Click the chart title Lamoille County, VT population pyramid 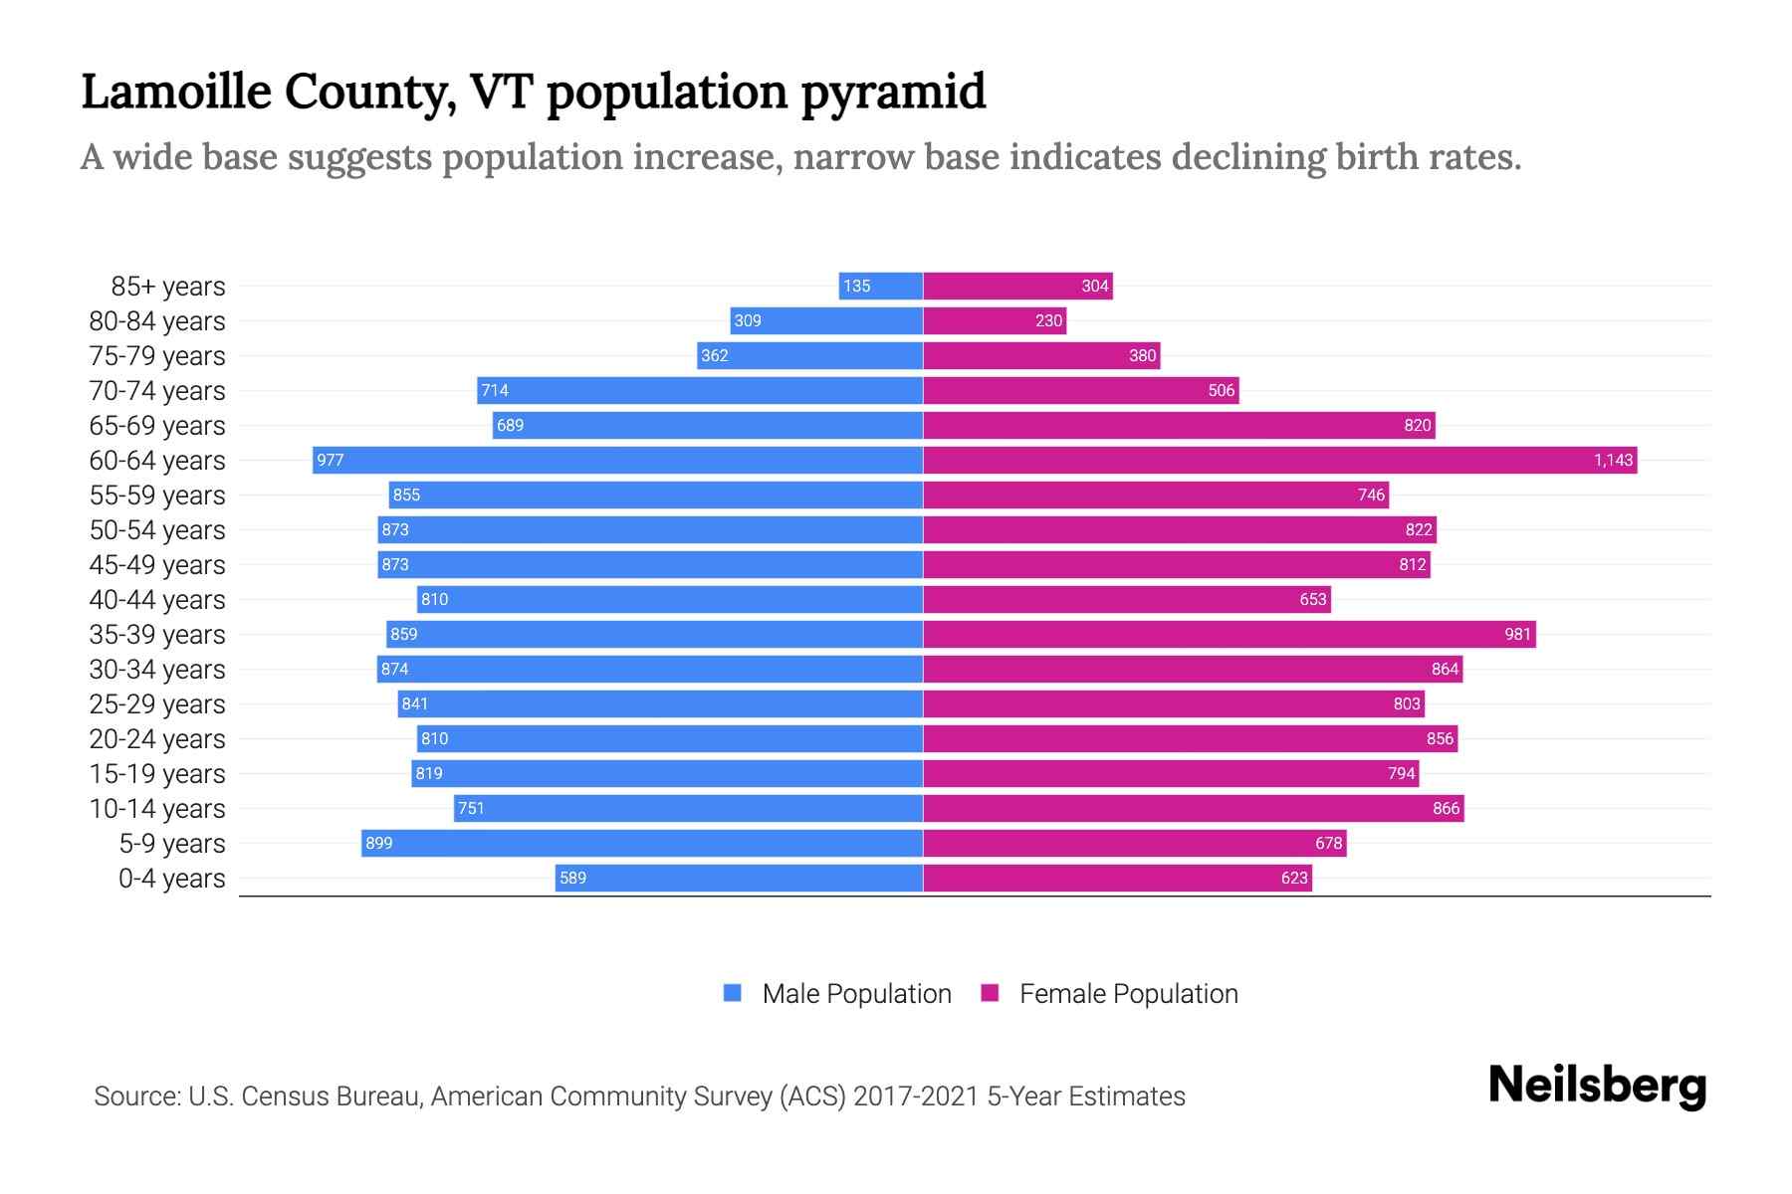coord(533,92)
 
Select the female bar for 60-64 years coord(1279,460)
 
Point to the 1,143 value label coord(1613,460)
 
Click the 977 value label coord(330,460)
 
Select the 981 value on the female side coord(1517,634)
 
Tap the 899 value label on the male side coord(378,843)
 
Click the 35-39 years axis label coord(157,634)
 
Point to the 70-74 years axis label coord(157,390)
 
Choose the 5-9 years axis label coord(171,843)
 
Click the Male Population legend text coord(856,993)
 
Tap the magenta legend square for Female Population coord(990,993)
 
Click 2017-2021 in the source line coord(916,1095)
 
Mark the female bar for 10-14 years coord(1193,808)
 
